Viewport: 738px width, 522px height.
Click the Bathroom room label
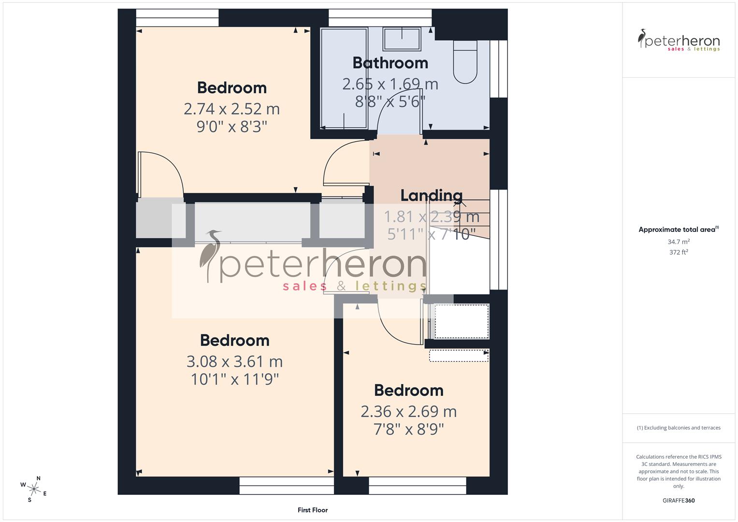390,63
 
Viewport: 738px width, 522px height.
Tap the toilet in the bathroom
464,61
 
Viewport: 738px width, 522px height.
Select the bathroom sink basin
402,38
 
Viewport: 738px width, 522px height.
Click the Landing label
431,195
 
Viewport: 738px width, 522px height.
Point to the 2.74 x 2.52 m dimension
232,109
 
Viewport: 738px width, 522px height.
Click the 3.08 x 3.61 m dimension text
234,362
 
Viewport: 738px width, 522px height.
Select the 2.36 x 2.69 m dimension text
408,411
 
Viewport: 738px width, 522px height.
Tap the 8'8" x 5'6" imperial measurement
390,101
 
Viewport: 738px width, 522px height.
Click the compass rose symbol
33,489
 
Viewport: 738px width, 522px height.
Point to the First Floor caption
313,510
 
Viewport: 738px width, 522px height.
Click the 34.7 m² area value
679,242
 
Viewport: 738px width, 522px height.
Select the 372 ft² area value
679,252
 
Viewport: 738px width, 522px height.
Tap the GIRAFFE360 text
679,501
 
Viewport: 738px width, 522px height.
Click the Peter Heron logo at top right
679,41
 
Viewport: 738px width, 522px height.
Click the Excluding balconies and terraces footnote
679,428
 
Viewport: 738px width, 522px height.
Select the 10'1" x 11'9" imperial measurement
235,379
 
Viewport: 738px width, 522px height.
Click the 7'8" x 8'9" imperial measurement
408,429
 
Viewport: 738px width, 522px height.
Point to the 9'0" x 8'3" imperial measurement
232,127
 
